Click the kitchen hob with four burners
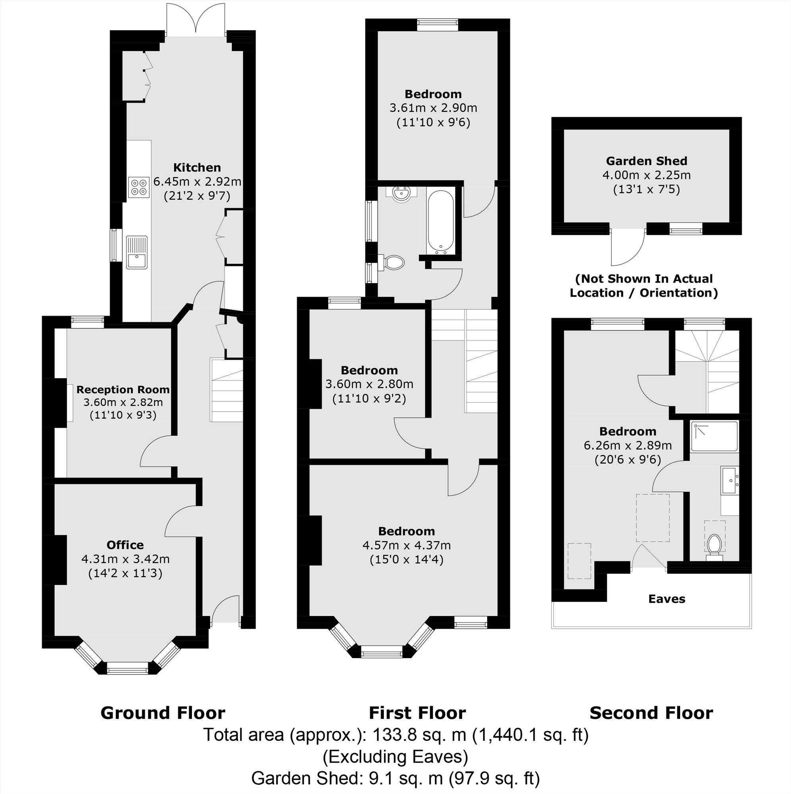coord(138,187)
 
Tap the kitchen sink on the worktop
coord(137,252)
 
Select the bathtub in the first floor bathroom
coord(441,221)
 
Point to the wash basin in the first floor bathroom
coord(401,194)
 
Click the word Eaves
coord(666,599)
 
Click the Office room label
coord(125,545)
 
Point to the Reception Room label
coord(123,389)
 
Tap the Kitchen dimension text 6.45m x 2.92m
coord(197,181)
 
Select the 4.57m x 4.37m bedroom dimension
coord(406,545)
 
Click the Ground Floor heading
coord(162,713)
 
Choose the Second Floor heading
coord(651,713)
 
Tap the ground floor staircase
coord(226,389)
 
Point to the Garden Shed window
coord(685,229)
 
